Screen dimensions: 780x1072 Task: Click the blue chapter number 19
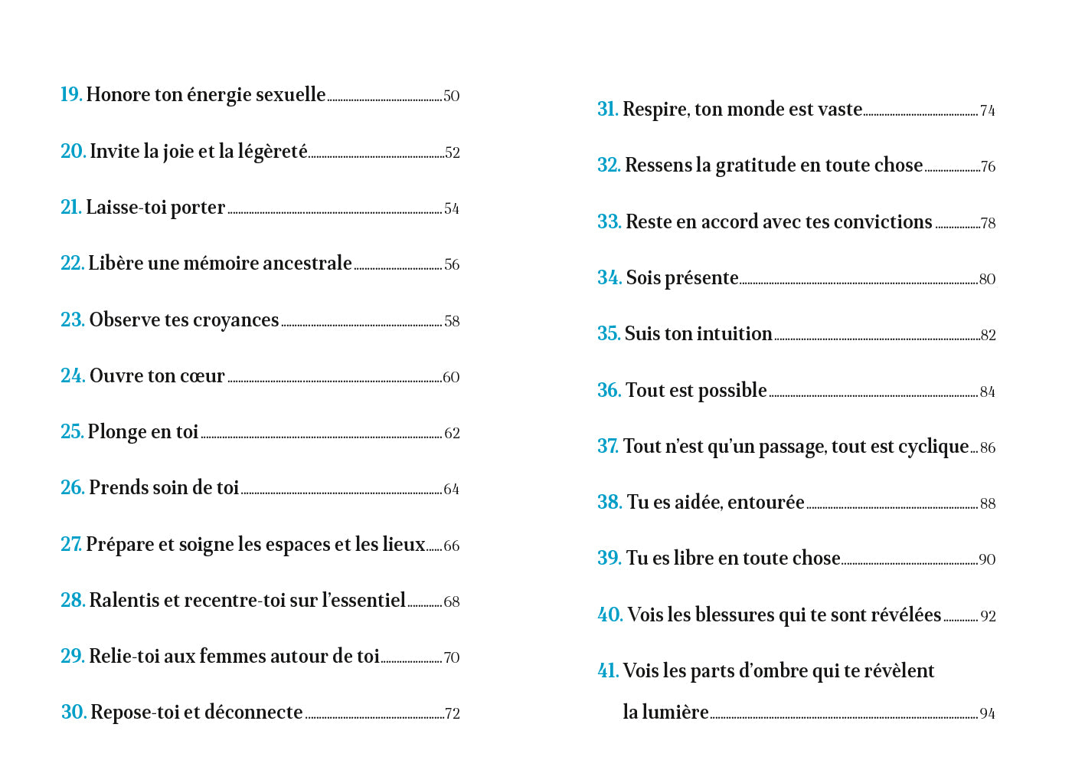pos(70,94)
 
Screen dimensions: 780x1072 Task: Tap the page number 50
pos(452,97)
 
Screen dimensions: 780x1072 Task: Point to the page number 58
pos(452,322)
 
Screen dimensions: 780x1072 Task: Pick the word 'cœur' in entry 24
pos(203,376)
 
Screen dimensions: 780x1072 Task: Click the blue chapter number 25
pos(72,432)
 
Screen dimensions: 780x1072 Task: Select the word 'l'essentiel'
pos(364,600)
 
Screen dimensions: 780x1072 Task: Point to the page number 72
pos(452,714)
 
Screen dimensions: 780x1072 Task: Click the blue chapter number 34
pos(609,277)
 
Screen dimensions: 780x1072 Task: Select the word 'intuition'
pos(736,334)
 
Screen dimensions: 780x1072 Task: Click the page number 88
pos(988,504)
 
